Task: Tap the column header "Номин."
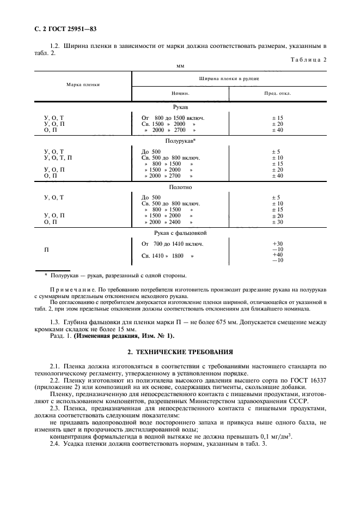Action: [180, 93]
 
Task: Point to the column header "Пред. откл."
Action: [277, 93]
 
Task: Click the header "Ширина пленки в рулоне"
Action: [229, 78]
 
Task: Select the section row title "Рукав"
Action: [180, 108]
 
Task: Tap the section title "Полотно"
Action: [180, 187]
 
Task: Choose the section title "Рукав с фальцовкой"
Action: [180, 233]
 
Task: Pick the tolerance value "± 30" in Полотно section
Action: [277, 222]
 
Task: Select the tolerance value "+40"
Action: [277, 254]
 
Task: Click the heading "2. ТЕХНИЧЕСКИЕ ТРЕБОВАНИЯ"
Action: [180, 353]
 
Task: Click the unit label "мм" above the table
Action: [180, 66]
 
